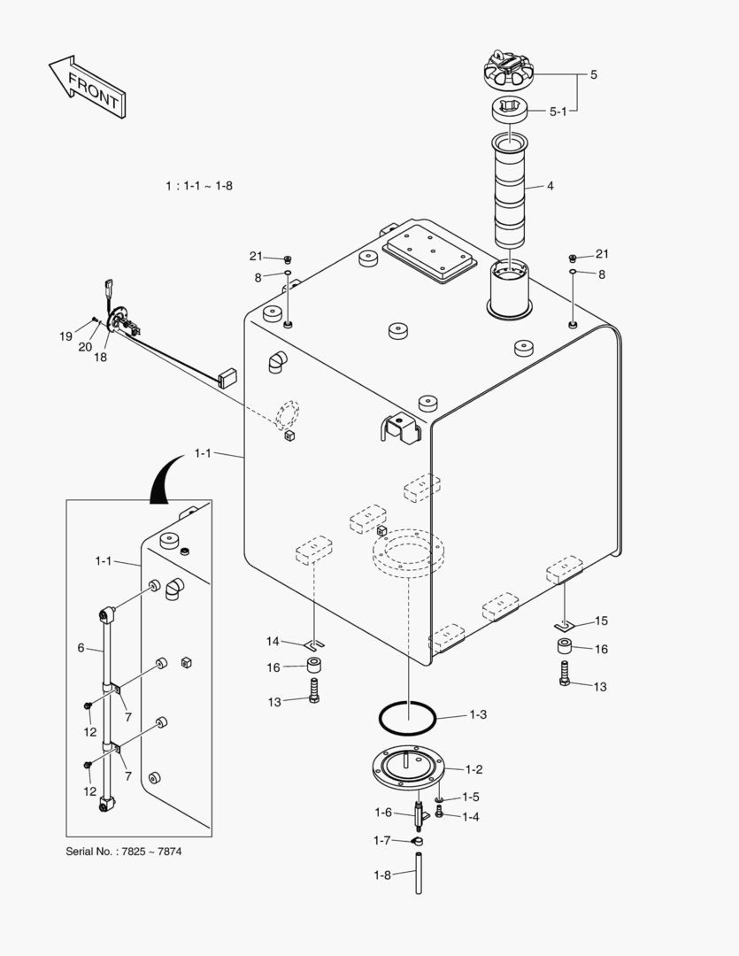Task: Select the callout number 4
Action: (550, 187)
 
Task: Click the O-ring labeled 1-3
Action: (408, 717)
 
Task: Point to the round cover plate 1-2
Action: (408, 770)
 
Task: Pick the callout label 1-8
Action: (381, 875)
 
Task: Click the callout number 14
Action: (273, 641)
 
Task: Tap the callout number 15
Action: (601, 621)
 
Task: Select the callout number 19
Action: (65, 336)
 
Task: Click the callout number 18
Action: (101, 357)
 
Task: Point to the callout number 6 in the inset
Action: (81, 648)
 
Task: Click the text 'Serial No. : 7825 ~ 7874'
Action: (124, 852)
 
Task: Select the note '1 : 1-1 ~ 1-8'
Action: (199, 186)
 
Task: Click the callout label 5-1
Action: (558, 112)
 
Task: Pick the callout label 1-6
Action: (382, 813)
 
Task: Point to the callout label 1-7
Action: (381, 840)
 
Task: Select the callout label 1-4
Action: (470, 816)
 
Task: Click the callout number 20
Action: (85, 347)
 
